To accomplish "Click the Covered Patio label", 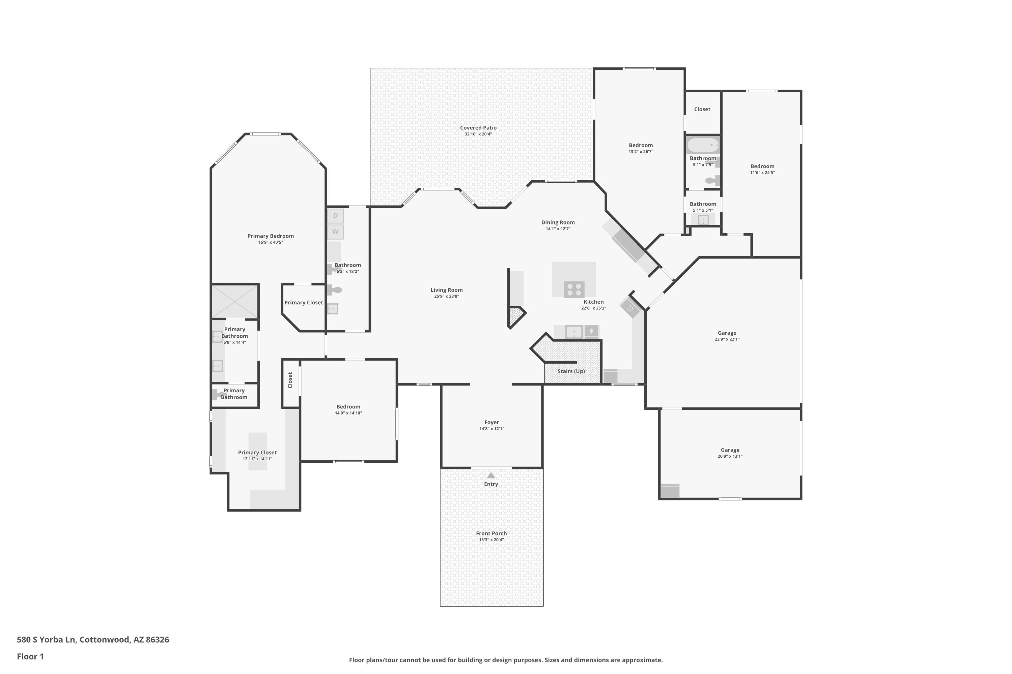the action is (478, 128).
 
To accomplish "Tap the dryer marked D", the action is (335, 216).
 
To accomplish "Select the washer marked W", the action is (335, 232).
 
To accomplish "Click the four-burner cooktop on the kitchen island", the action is (574, 289).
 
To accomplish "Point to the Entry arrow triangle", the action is (491, 476).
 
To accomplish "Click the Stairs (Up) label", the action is (571, 371).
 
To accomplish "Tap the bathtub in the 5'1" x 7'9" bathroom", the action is (703, 145).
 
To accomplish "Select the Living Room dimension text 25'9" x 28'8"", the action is (447, 296).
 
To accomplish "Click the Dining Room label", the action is (558, 222).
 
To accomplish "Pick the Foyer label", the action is (491, 423).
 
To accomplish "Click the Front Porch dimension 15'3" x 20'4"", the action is (491, 540).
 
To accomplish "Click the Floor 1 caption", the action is (30, 656).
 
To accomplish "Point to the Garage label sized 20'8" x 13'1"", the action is (730, 450).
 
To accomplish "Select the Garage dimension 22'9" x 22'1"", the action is (727, 339).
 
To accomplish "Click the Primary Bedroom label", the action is (271, 236).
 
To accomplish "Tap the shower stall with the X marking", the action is (235, 302).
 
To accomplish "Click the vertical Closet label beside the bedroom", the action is (290, 380).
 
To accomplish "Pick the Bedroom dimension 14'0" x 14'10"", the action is (348, 413).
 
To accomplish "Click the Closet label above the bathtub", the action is (702, 109).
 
